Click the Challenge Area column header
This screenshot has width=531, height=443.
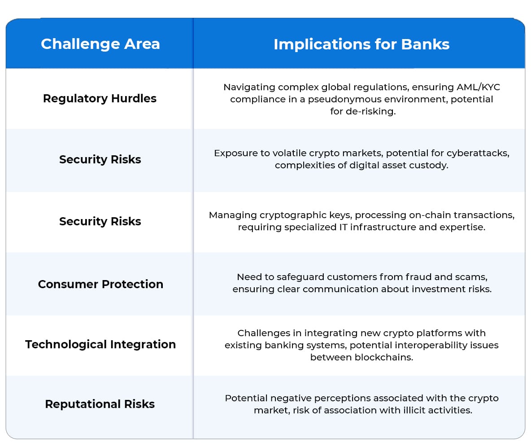(x=100, y=44)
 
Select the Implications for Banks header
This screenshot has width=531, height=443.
(x=361, y=44)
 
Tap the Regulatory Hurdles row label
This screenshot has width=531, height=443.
(x=100, y=98)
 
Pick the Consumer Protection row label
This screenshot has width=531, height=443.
(x=100, y=284)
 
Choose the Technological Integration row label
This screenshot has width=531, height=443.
(x=100, y=344)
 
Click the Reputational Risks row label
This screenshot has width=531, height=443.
(x=100, y=404)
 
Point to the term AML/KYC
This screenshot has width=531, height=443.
(x=478, y=87)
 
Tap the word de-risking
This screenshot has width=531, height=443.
(x=370, y=111)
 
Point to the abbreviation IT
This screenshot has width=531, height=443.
(x=344, y=227)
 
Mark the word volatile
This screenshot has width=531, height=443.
(x=289, y=153)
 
